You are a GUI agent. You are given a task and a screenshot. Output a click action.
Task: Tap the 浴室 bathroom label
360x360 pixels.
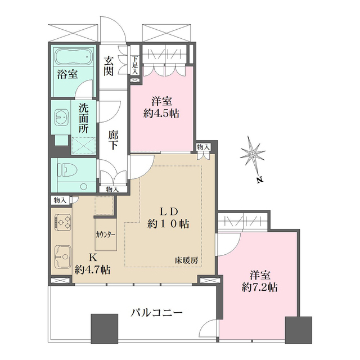[x=66, y=74]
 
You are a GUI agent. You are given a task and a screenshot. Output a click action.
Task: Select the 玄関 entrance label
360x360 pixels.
[x=109, y=65]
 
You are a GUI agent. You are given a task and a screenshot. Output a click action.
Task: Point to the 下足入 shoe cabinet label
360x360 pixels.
[x=135, y=65]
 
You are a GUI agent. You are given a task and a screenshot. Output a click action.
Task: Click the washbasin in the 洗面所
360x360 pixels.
[x=60, y=118]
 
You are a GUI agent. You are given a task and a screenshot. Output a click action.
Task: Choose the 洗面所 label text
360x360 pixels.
[x=83, y=118]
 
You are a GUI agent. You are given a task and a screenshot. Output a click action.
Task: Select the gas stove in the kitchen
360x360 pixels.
[x=63, y=222]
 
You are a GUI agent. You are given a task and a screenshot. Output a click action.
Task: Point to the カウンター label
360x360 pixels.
[x=105, y=234]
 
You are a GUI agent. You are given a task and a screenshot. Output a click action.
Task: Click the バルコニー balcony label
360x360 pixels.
[x=157, y=313]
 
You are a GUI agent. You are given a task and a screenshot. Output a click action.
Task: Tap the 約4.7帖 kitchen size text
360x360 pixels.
[x=92, y=269]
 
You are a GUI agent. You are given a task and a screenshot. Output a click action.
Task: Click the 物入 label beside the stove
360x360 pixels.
[x=60, y=200]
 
